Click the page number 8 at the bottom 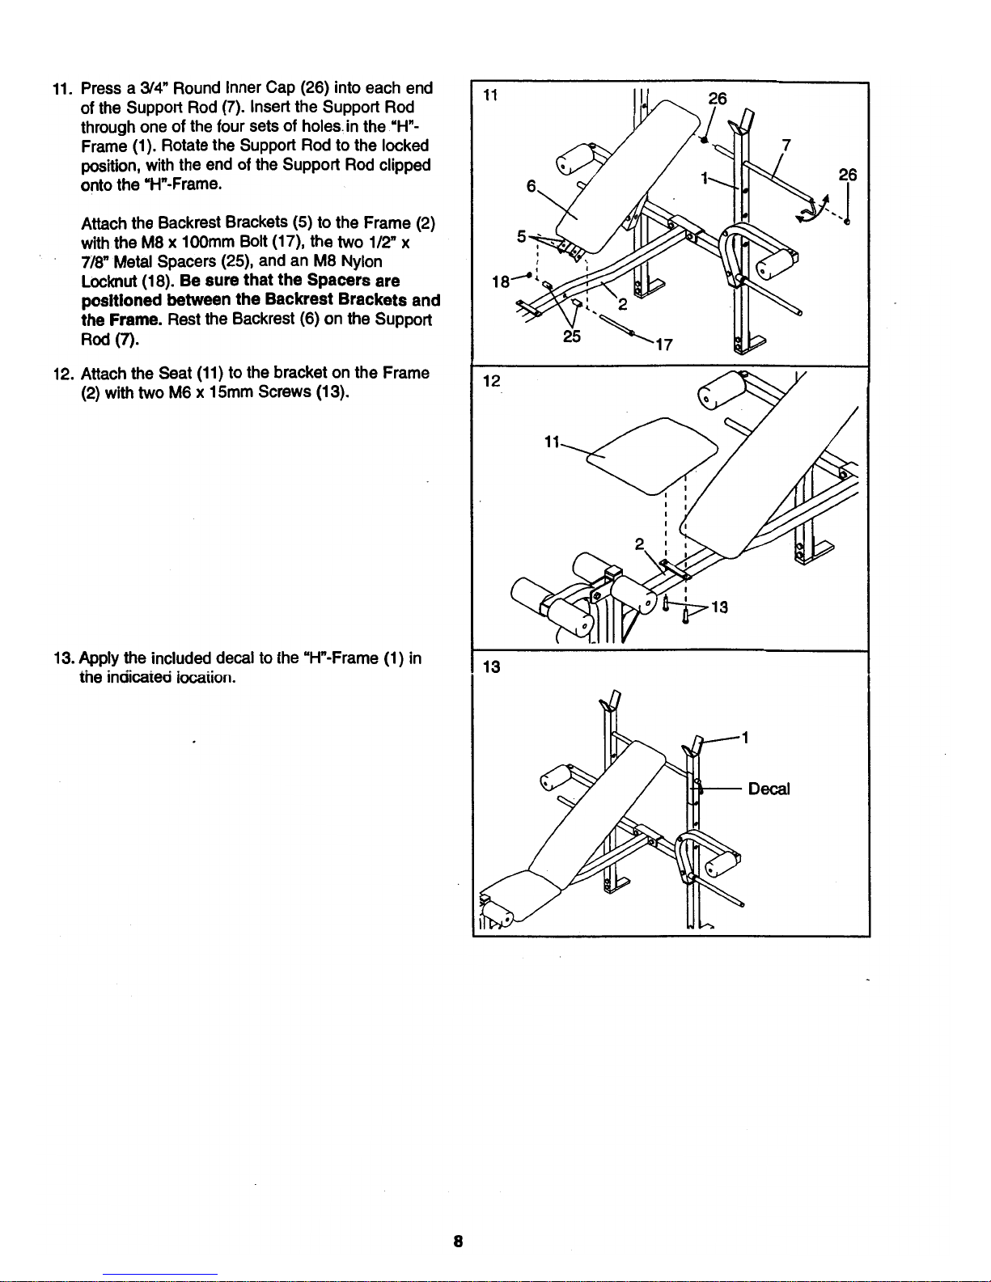459,1241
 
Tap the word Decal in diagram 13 769,789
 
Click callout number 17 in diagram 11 664,345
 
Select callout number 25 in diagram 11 572,336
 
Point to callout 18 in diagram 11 501,282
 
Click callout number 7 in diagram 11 786,145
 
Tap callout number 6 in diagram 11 531,186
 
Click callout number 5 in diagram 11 522,236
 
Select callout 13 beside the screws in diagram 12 720,607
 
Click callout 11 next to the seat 552,442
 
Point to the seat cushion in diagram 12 652,455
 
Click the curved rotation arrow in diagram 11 813,209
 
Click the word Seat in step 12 176,374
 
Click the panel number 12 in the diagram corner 491,381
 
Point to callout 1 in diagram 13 745,738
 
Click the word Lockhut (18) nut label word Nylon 362,261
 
